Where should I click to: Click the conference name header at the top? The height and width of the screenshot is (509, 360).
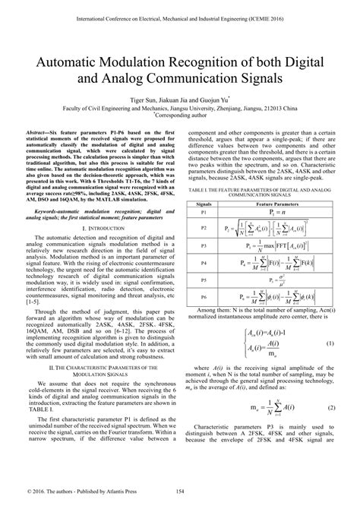pos(180,11)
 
